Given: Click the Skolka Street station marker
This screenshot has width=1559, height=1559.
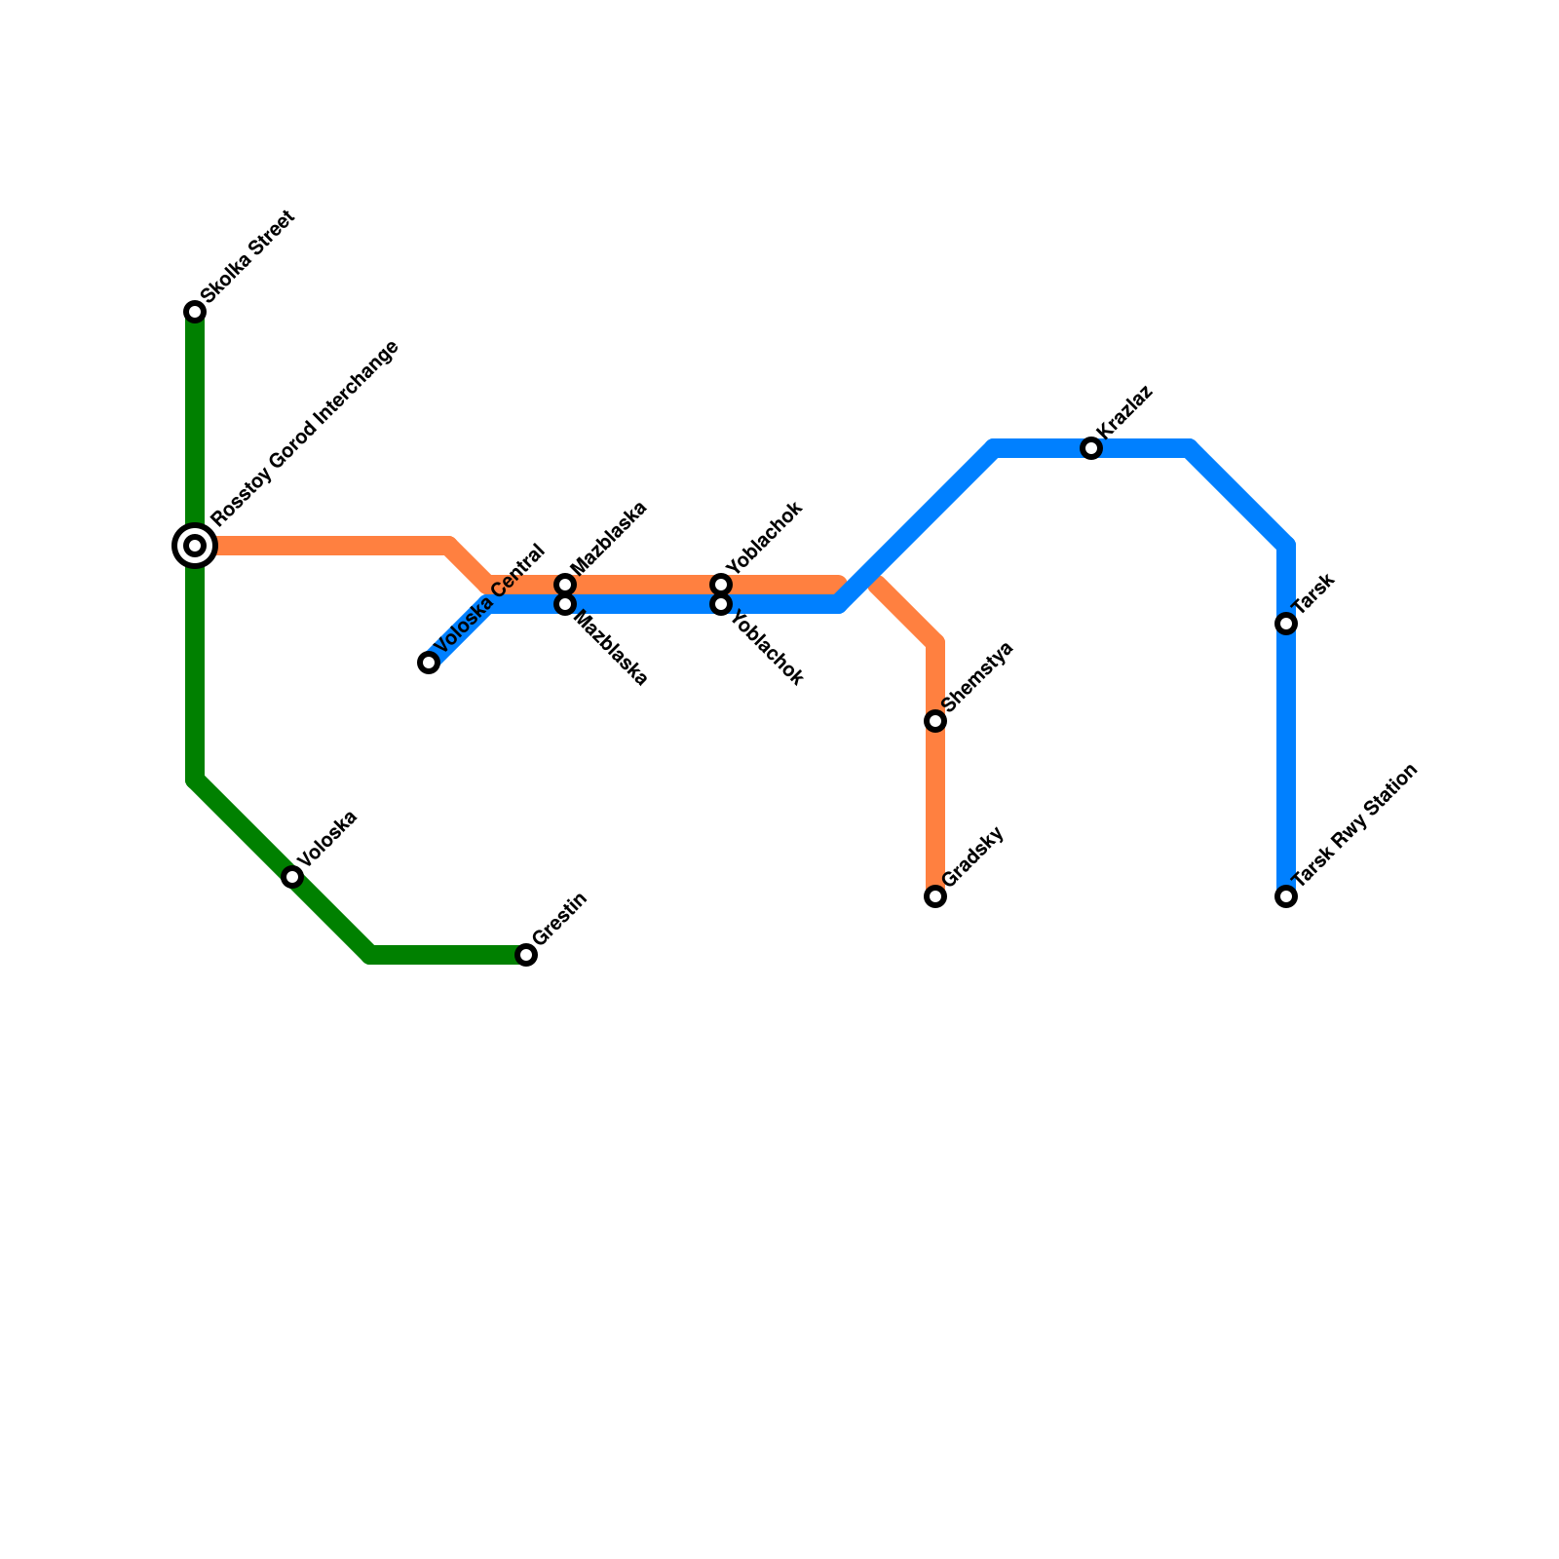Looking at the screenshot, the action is click(195, 312).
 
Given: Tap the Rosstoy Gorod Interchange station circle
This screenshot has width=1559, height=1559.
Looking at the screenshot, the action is click(195, 546).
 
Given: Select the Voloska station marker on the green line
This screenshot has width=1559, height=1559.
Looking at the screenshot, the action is click(292, 877).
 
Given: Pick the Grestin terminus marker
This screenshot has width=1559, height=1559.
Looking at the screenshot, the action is click(526, 955).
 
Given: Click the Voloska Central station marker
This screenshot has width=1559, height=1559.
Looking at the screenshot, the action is click(429, 663).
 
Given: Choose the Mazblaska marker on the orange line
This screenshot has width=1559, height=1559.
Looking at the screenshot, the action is click(565, 585).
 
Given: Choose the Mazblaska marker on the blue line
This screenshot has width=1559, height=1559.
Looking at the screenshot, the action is click(565, 604).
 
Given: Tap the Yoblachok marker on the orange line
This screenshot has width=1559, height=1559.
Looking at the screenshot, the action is click(721, 585).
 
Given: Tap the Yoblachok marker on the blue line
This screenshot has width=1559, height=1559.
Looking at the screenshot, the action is click(721, 604).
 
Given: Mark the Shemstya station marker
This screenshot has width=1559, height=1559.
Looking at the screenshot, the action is click(935, 721).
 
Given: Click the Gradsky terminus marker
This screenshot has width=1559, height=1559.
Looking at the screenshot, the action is click(935, 896).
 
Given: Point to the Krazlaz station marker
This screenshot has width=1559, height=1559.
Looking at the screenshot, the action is click(1091, 448).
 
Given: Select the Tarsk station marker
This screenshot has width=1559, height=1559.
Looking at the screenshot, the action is click(1286, 624).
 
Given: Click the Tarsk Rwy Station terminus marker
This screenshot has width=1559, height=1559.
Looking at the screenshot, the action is click(1286, 896).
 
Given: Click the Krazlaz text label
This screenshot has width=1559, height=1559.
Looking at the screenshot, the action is click(1125, 412).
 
